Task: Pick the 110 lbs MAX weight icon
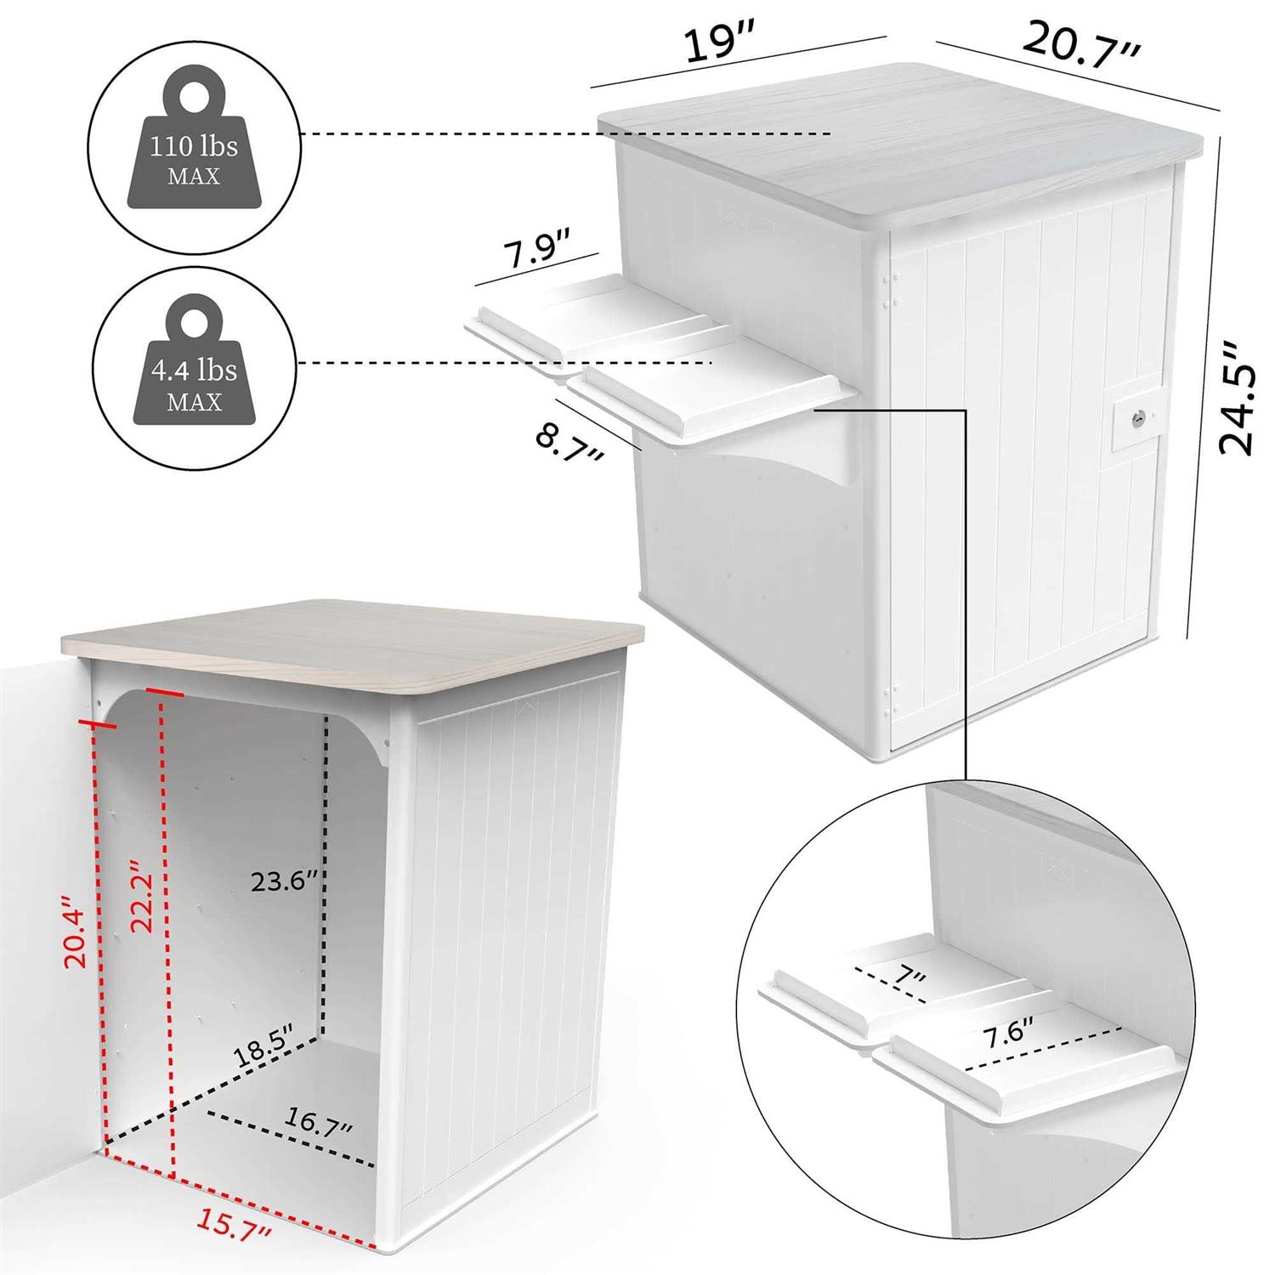(195, 143)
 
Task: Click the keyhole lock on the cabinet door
(1135, 418)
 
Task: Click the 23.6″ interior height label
(284, 881)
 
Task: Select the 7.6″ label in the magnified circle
(1008, 1036)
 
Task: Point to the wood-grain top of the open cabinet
(350, 646)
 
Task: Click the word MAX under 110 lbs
(194, 177)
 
